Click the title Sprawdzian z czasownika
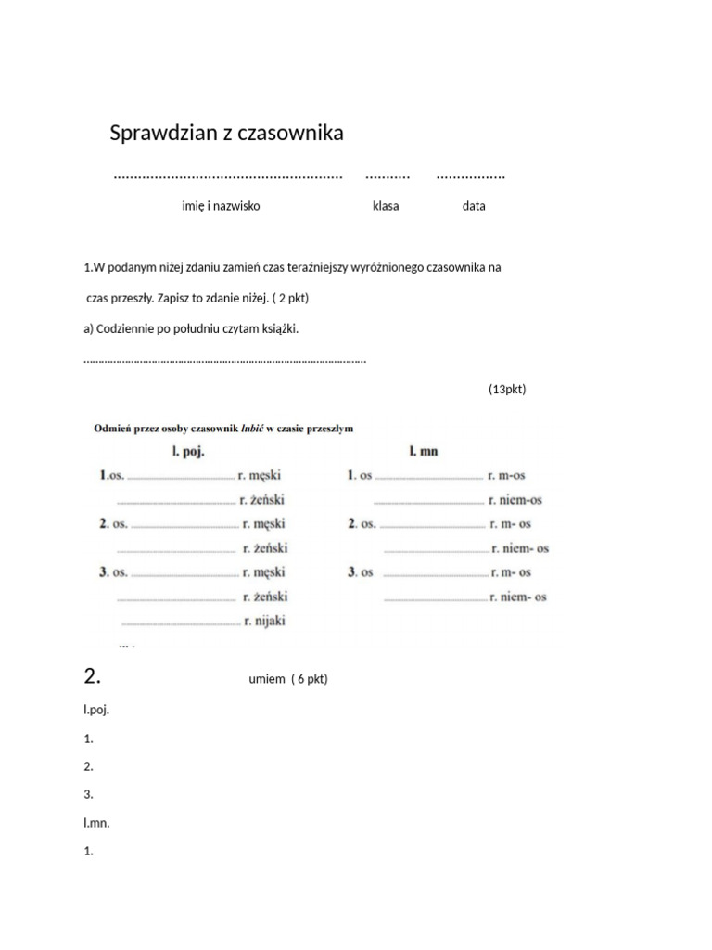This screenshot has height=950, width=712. pos(226,134)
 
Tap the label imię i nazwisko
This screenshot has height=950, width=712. pos(221,206)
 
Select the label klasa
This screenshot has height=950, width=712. pos(386,206)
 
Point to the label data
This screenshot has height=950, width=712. pos(473,206)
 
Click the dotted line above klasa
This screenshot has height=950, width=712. pos(388,175)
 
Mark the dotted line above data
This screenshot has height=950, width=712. pos(471,175)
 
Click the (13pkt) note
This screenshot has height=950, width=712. pos(507,390)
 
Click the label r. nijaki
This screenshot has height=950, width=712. pos(264,622)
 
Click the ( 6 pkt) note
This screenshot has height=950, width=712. pos(309,679)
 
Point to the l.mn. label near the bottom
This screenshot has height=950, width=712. pos(96,822)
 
